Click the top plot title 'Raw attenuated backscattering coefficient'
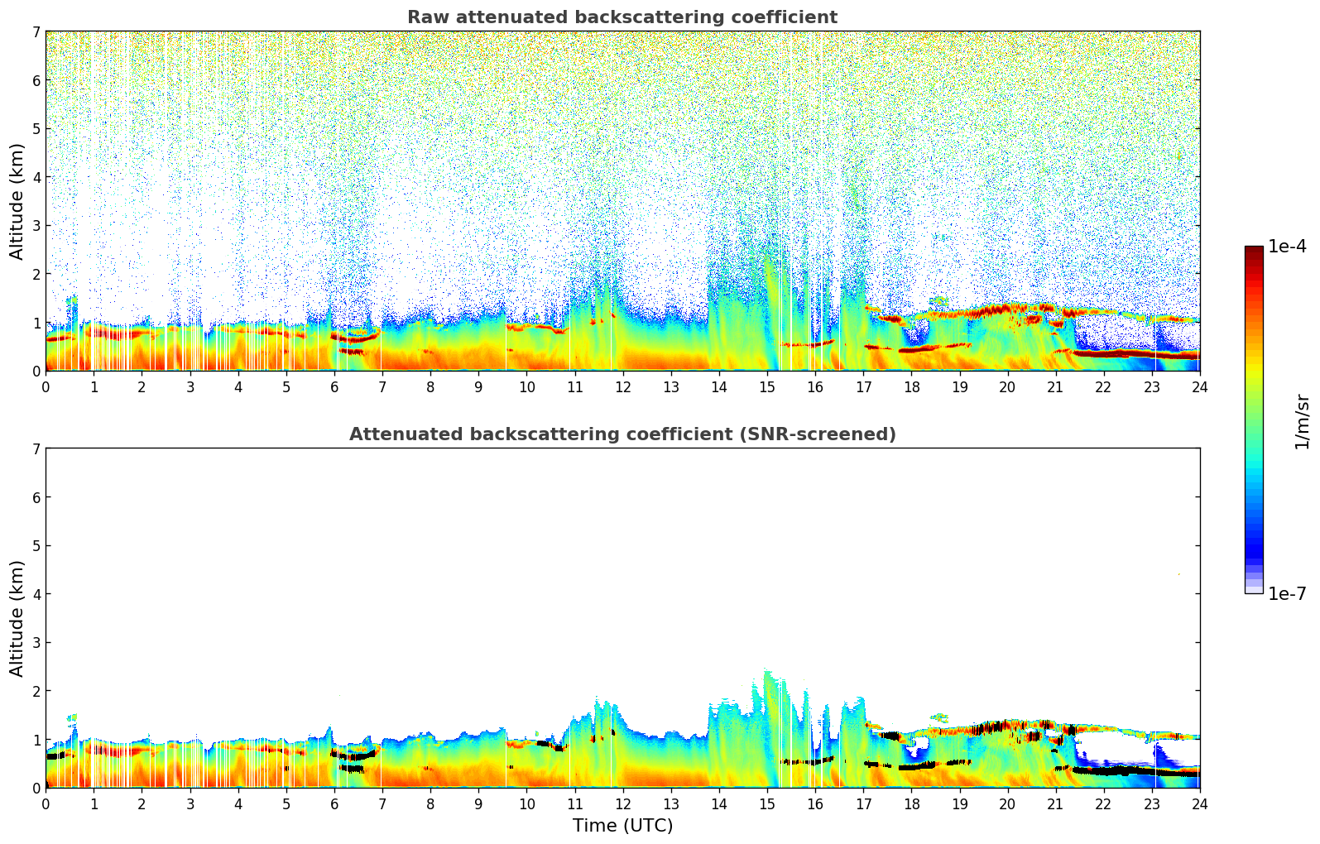(622, 17)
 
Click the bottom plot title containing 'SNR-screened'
(622, 434)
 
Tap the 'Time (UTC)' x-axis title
(622, 826)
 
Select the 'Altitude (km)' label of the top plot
(17, 201)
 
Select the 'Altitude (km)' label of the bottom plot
(17, 618)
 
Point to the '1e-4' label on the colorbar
(1287, 247)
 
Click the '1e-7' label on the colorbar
(1287, 594)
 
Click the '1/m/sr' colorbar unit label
(1302, 421)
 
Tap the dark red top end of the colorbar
(1254, 250)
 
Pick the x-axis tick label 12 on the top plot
(623, 387)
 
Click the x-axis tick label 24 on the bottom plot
(1200, 804)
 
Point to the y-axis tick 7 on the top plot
(36, 32)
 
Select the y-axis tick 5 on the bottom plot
(36, 546)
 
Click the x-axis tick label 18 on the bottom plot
(911, 804)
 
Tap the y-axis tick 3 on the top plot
(36, 226)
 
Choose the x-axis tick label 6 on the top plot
(334, 387)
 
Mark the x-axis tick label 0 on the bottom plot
(46, 804)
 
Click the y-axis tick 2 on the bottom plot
(36, 691)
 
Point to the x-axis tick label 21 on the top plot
(1055, 387)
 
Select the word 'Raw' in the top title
(426, 17)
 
